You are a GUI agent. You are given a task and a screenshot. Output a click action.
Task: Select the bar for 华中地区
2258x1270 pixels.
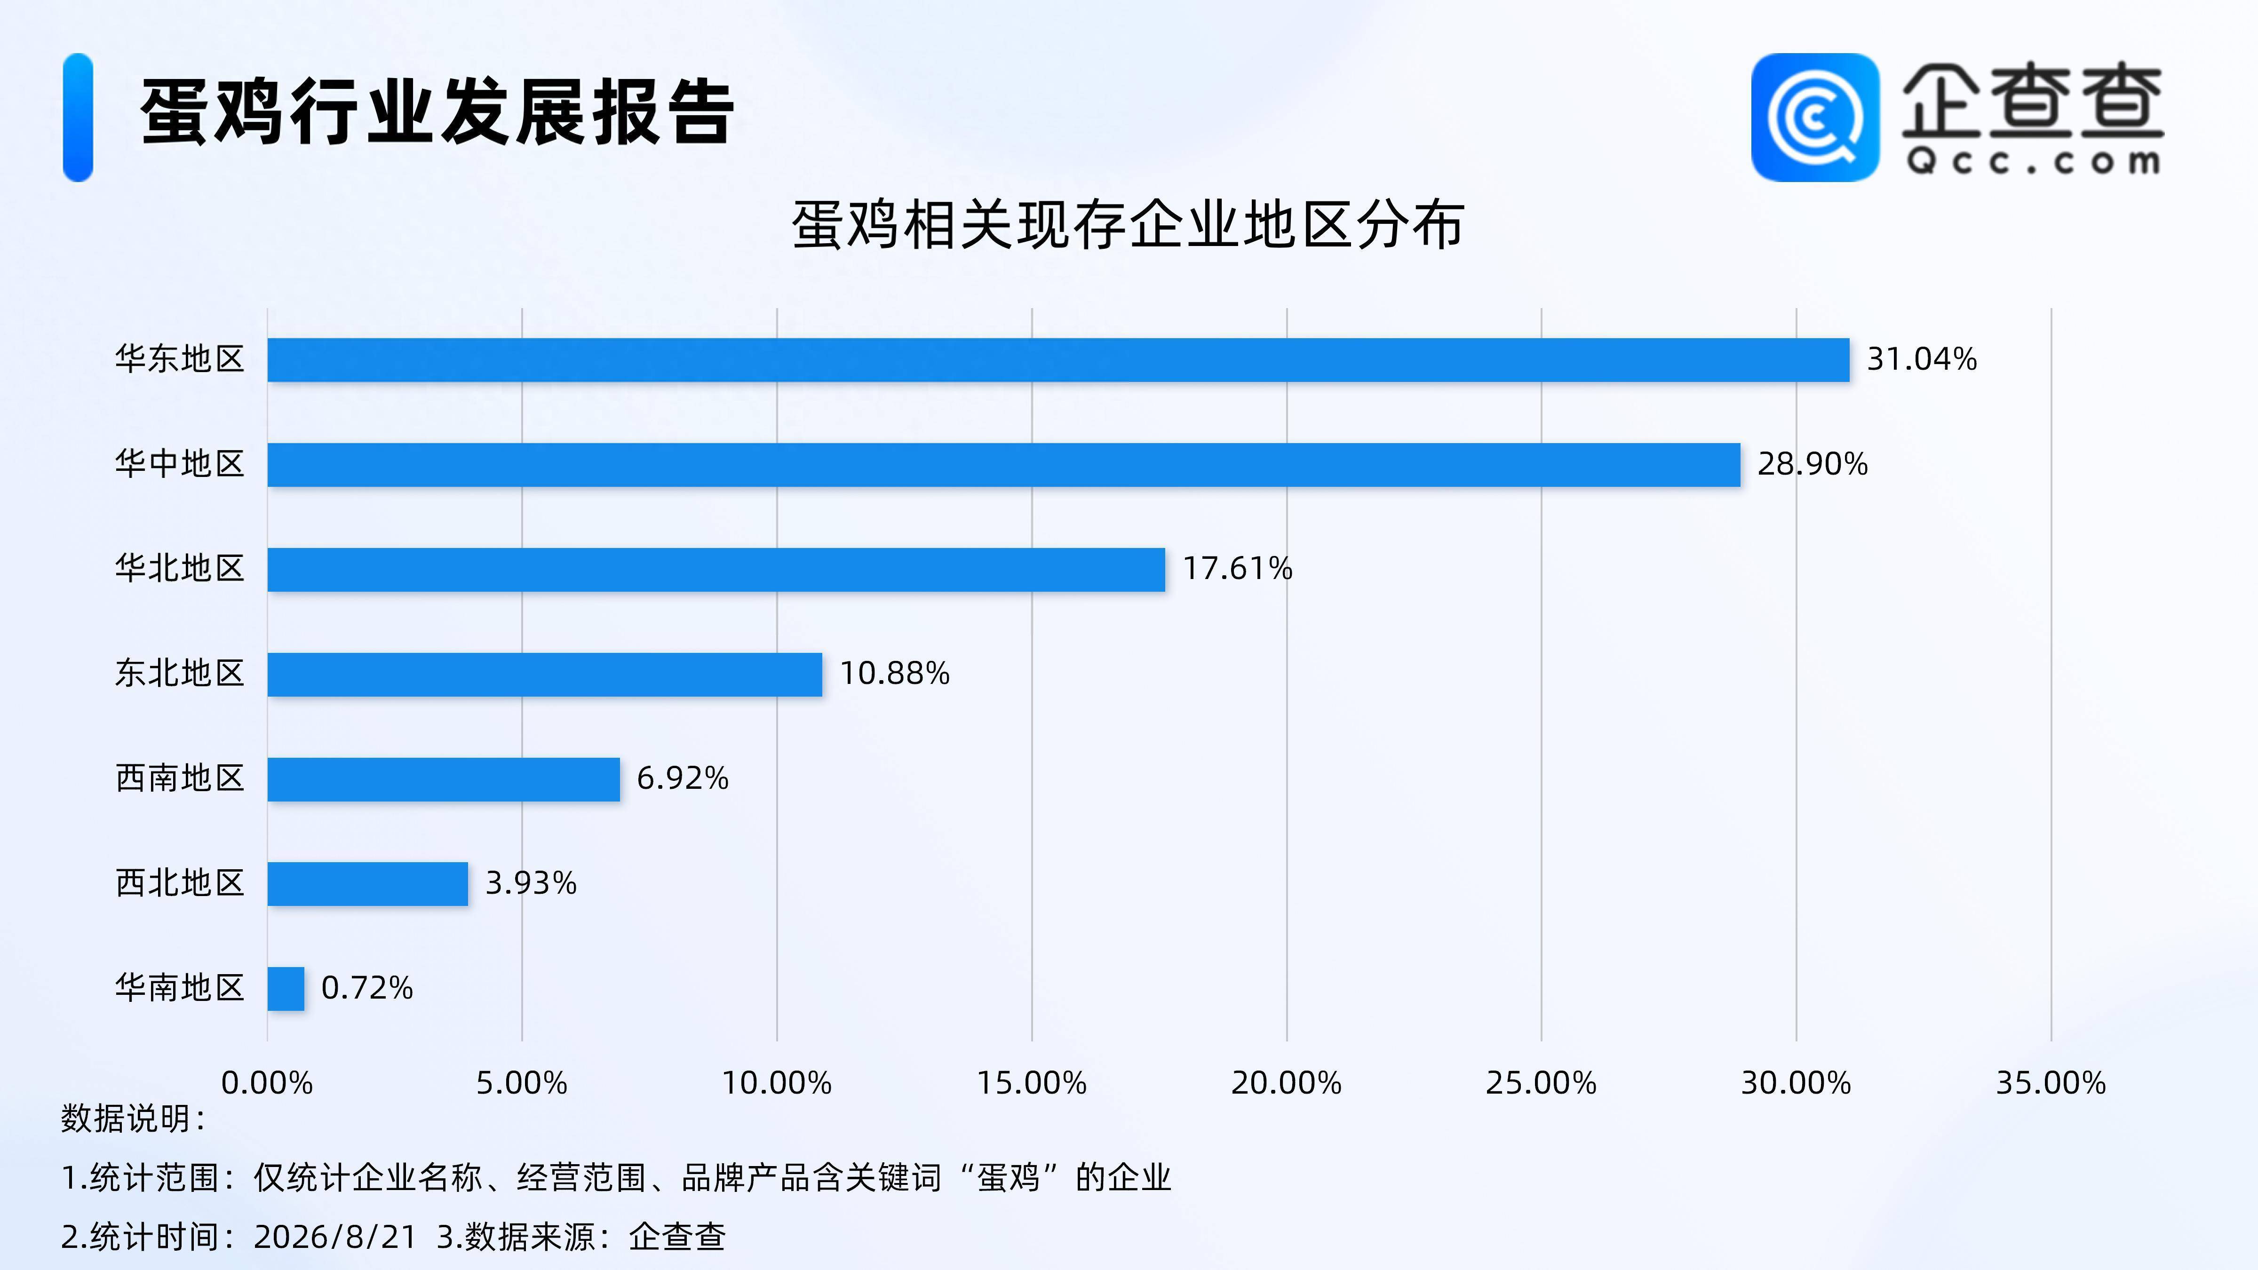click(1004, 465)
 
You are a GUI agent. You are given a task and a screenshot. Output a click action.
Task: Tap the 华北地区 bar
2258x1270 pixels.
click(716, 570)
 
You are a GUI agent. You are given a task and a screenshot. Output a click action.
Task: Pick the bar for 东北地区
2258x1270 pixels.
click(544, 674)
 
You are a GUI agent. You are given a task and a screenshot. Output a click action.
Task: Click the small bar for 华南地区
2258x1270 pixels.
click(286, 989)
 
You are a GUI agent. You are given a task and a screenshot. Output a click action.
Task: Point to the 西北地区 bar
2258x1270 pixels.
click(367, 883)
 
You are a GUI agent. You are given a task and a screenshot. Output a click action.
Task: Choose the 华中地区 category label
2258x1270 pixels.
click(180, 464)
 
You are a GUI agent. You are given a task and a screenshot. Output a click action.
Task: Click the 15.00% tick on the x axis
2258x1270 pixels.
click(1032, 1083)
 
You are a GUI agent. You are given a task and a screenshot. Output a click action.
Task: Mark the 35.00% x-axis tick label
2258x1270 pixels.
click(2051, 1083)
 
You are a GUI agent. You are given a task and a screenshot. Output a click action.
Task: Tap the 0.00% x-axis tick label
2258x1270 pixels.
click(267, 1083)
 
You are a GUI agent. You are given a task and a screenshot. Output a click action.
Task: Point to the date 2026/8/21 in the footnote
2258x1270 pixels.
click(335, 1237)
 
